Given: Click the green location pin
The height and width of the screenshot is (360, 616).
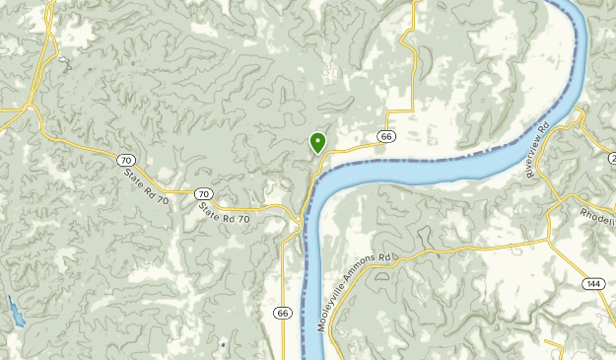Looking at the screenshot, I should click(317, 143).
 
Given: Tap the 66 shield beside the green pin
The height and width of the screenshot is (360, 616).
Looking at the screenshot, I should click(386, 136).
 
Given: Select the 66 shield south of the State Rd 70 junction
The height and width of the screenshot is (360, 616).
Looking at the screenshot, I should click(283, 313).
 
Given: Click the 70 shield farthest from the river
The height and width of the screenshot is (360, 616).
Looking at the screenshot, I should click(124, 160).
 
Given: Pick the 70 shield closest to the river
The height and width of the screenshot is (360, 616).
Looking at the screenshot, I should click(202, 193).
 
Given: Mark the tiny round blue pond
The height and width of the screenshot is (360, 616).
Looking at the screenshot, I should click(223, 345).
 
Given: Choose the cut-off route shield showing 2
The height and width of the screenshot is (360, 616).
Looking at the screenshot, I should click(612, 158).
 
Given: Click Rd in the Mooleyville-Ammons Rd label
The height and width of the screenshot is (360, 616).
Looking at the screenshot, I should click(386, 257).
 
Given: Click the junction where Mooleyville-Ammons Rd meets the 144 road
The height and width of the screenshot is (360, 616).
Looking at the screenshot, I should click(549, 239).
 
